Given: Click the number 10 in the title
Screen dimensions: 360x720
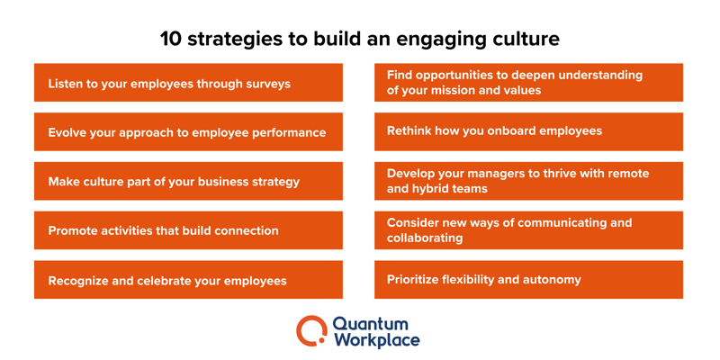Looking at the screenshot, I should (171, 40).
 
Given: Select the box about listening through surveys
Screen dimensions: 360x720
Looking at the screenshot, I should (188, 83).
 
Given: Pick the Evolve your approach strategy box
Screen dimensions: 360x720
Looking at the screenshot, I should (188, 132).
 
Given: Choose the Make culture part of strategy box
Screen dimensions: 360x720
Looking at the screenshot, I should (188, 181).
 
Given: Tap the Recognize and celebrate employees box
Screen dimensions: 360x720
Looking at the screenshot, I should (188, 280).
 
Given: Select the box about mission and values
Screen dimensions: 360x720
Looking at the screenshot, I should (528, 83).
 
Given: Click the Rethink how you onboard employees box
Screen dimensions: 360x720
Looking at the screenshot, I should (528, 131).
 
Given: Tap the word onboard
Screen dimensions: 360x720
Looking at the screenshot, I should (509, 131).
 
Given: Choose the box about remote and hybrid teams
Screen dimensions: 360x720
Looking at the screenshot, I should (528, 181).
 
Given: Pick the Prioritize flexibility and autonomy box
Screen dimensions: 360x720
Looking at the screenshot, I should (528, 279).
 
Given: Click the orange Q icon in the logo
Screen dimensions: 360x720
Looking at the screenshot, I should (311, 330).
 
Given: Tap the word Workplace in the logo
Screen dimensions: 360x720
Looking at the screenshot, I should (376, 340).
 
